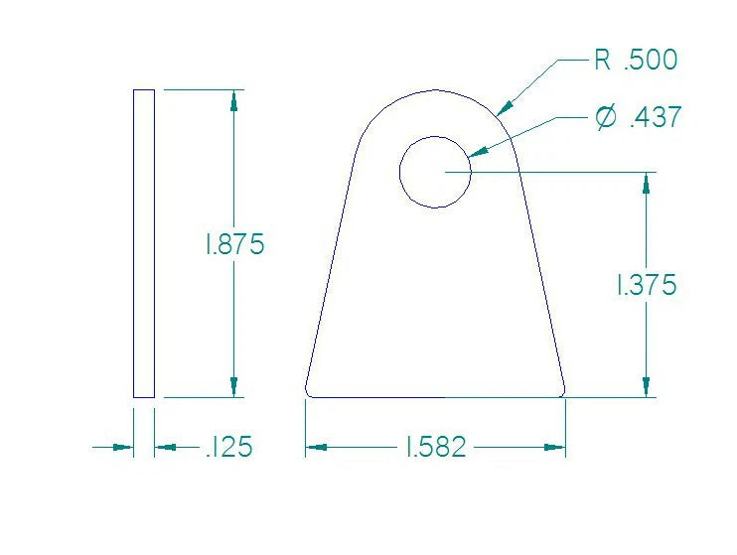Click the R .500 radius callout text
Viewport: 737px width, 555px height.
(x=636, y=61)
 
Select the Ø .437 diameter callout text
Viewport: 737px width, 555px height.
(x=638, y=118)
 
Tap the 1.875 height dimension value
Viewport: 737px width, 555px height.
(x=234, y=244)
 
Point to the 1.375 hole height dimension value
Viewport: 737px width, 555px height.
(x=647, y=285)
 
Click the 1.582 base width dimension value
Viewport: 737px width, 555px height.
(x=436, y=448)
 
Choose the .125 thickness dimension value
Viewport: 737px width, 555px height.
(x=228, y=448)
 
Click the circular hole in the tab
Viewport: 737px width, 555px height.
(x=435, y=172)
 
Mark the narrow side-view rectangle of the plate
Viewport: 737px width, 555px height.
(x=144, y=243)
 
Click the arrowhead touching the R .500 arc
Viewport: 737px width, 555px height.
(x=505, y=106)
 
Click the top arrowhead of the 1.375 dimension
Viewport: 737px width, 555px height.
(x=647, y=182)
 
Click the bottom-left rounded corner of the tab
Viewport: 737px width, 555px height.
(x=309, y=392)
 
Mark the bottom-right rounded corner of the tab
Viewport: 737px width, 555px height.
(x=562, y=392)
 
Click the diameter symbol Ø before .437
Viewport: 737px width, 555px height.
(x=604, y=118)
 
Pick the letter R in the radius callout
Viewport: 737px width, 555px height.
(x=603, y=61)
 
